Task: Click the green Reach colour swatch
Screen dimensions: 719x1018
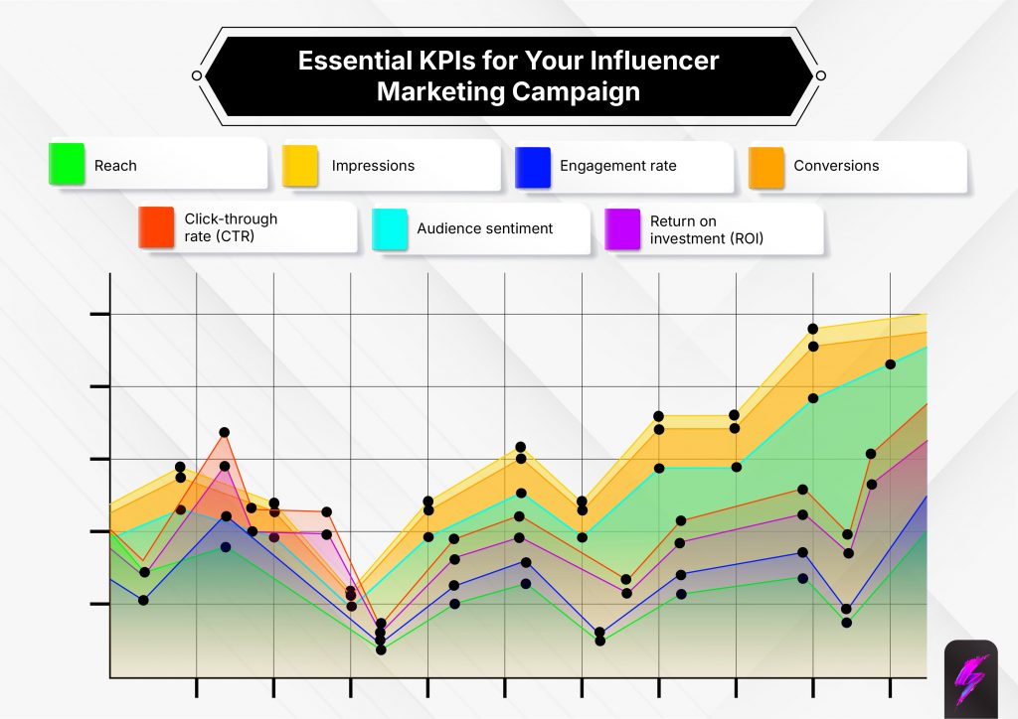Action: (x=67, y=165)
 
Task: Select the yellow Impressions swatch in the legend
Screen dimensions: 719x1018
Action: (x=300, y=165)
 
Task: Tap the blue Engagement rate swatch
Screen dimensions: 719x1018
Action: (x=533, y=165)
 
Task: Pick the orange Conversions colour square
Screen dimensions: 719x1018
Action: (x=766, y=165)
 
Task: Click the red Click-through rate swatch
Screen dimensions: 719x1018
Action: (x=156, y=227)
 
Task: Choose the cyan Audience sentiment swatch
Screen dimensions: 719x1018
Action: (x=389, y=227)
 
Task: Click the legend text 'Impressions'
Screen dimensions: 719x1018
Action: (x=373, y=166)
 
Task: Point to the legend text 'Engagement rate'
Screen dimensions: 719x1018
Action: (x=617, y=166)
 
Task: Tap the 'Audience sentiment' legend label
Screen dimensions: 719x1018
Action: (x=484, y=228)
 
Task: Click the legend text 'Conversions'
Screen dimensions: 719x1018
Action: (x=836, y=166)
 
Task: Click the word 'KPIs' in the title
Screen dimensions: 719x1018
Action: (x=441, y=61)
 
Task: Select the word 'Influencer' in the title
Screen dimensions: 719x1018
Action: (x=655, y=61)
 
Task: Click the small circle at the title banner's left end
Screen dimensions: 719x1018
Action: (x=197, y=75)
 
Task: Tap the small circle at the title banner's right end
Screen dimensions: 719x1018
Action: (x=821, y=75)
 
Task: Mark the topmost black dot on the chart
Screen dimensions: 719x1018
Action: (x=812, y=329)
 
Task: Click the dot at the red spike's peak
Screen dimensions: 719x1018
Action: (x=225, y=433)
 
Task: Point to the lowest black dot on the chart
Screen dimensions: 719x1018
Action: (x=381, y=649)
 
